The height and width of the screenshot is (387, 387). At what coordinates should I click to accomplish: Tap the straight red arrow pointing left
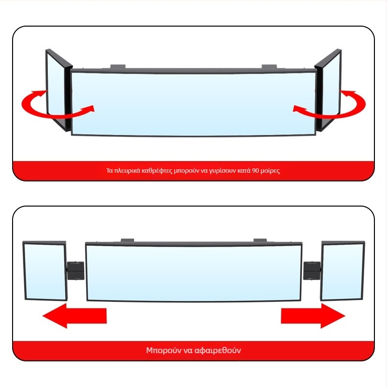(x=74, y=316)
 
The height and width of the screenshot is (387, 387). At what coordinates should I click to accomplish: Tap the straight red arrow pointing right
(x=313, y=316)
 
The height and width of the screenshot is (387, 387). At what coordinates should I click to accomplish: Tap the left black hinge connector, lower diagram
(x=75, y=271)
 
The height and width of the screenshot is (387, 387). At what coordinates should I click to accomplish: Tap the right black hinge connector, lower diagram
(x=312, y=271)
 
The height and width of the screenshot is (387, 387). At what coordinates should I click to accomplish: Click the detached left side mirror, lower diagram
(x=45, y=271)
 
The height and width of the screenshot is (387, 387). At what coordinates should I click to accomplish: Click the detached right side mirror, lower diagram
(x=342, y=271)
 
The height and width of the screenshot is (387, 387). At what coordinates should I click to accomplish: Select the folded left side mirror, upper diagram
(x=59, y=90)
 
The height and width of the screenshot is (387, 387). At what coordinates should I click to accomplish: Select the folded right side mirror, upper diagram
(x=328, y=90)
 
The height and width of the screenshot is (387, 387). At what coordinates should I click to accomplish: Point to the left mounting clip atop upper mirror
(x=118, y=67)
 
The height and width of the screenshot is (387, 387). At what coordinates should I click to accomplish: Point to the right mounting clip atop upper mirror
(x=269, y=67)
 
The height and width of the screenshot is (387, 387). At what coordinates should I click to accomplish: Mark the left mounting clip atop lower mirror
(x=127, y=240)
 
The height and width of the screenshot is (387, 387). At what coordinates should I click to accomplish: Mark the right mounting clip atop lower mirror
(x=260, y=240)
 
